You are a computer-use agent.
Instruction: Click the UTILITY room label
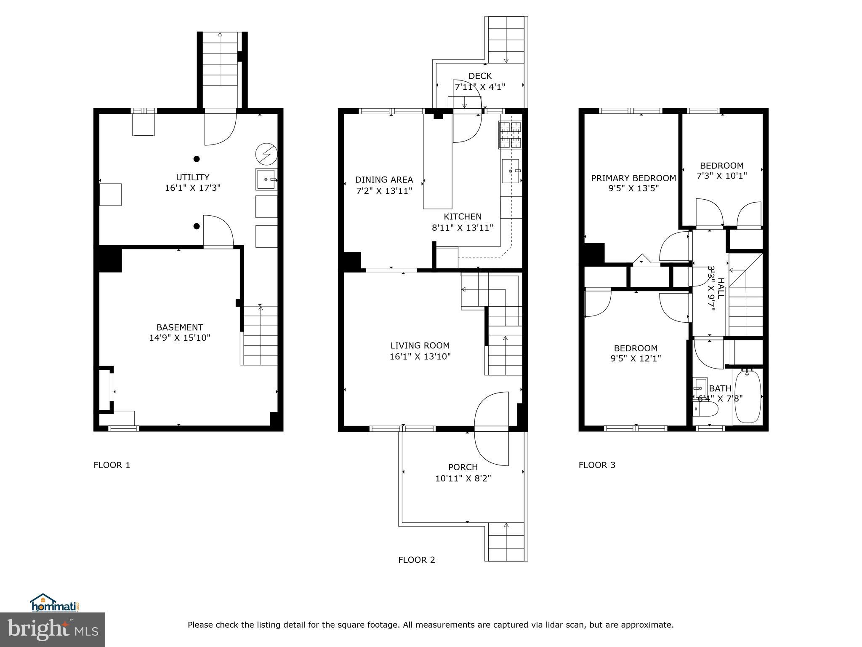(x=192, y=177)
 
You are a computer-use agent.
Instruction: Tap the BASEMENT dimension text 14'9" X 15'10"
(x=179, y=338)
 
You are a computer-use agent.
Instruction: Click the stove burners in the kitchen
(x=510, y=135)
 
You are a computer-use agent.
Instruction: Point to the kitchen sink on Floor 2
(x=511, y=171)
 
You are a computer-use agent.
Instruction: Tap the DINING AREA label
(x=384, y=180)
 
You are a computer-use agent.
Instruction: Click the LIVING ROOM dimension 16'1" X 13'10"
(x=420, y=357)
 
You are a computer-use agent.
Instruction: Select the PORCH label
(x=463, y=467)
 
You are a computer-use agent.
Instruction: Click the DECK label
(x=480, y=76)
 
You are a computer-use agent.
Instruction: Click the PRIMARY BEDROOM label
(x=633, y=178)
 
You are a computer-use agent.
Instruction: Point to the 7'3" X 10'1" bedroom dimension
(x=721, y=176)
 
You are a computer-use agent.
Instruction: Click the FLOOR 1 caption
(x=112, y=465)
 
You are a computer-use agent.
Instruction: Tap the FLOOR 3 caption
(x=596, y=465)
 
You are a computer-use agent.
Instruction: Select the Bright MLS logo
(x=53, y=629)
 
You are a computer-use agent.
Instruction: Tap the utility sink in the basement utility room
(x=266, y=179)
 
